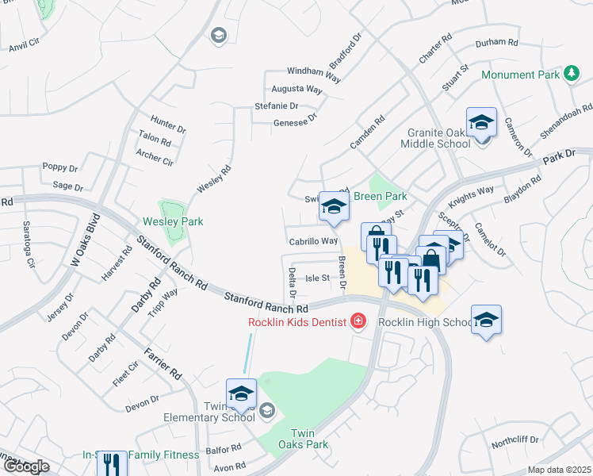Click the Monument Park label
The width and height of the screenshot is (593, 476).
click(x=520, y=75)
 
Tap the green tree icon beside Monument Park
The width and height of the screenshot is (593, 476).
click(x=570, y=74)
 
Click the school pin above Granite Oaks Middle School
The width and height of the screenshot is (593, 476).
click(x=481, y=124)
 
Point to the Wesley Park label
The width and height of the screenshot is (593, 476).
click(x=173, y=221)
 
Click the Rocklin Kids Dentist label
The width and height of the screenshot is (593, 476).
click(x=297, y=321)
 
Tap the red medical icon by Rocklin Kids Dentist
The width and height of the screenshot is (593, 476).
click(x=358, y=321)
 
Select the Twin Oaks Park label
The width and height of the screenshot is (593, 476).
click(x=309, y=439)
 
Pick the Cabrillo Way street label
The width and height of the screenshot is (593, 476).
click(x=313, y=241)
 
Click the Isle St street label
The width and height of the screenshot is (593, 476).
click(x=317, y=278)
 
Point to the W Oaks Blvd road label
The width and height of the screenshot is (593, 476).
click(x=86, y=239)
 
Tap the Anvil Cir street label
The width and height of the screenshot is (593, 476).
click(x=24, y=48)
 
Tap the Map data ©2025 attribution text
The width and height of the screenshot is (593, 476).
click(x=559, y=470)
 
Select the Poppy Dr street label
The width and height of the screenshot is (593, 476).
click(x=60, y=168)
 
